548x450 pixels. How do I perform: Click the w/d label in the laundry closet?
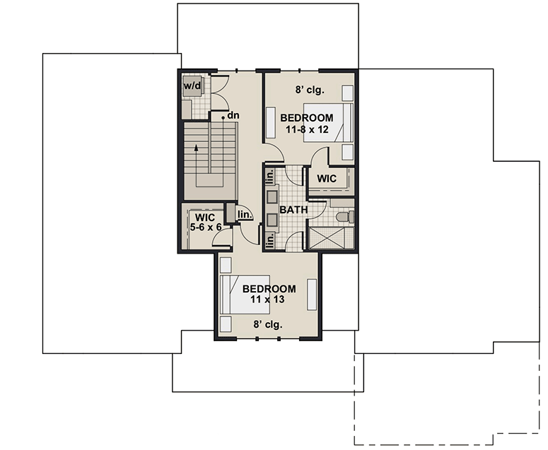pyautogui.click(x=192, y=86)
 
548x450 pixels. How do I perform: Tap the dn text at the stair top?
pyautogui.click(x=233, y=115)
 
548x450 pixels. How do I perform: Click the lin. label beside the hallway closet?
pyautogui.click(x=244, y=214)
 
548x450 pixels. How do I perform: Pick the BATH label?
pyautogui.click(x=292, y=210)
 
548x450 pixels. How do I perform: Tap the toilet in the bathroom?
pyautogui.click(x=343, y=216)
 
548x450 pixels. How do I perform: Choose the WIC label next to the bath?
pyautogui.click(x=327, y=178)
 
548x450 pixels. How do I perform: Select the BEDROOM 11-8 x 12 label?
pyautogui.click(x=306, y=123)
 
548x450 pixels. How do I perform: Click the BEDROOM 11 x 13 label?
pyautogui.click(x=269, y=294)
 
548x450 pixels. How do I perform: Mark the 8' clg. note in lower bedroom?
pyautogui.click(x=268, y=325)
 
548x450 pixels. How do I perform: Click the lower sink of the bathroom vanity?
pyautogui.click(x=271, y=220)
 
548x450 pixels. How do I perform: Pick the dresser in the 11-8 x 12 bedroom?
pyautogui.click(x=272, y=123)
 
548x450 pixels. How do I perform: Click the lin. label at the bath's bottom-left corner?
pyautogui.click(x=269, y=241)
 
